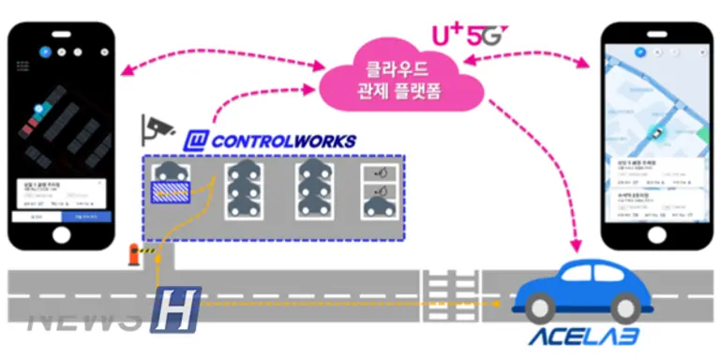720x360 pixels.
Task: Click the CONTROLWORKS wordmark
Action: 282,142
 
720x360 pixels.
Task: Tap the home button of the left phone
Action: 59,235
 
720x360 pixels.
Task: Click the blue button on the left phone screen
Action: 85,217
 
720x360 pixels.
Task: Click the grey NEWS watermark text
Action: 84,320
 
